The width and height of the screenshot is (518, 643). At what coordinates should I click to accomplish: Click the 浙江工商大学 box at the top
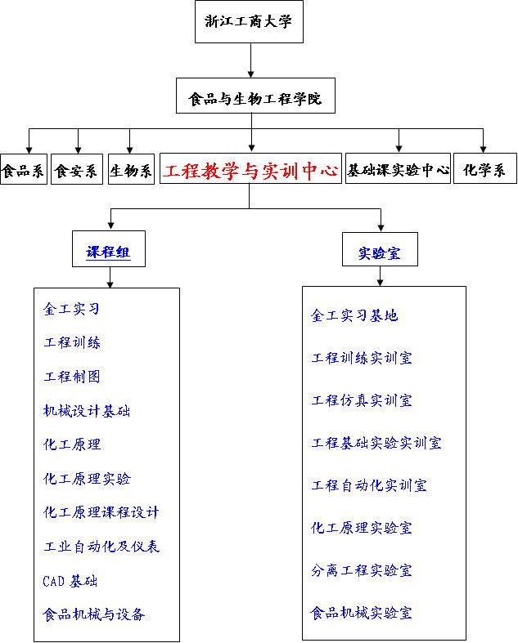[x=249, y=22]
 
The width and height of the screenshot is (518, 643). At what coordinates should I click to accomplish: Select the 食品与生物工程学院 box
[x=255, y=96]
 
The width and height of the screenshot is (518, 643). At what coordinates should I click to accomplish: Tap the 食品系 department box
[x=24, y=169]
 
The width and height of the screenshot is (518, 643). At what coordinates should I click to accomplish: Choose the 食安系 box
[x=77, y=169]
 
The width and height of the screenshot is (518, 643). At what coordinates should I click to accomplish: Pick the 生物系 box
[x=131, y=169]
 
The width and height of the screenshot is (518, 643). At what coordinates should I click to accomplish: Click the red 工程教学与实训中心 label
[x=250, y=170]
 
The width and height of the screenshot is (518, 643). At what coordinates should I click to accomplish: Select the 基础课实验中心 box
[x=398, y=168]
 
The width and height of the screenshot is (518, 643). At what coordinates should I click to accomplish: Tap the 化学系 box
[x=485, y=168]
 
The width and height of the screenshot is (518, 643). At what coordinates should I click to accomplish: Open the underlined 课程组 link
[x=109, y=252]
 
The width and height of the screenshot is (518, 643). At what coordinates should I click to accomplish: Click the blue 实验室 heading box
[x=380, y=249]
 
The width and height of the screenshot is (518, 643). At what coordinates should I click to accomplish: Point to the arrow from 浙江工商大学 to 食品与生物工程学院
[x=250, y=60]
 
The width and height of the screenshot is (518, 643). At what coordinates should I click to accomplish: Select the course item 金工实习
[x=71, y=308]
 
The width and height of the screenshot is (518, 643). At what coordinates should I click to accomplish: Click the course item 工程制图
[x=72, y=377]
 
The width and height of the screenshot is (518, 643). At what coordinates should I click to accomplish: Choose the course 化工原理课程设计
[x=101, y=512]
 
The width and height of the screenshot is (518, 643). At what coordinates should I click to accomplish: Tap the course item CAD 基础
[x=70, y=581]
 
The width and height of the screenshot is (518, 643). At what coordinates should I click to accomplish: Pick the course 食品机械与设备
[x=94, y=614]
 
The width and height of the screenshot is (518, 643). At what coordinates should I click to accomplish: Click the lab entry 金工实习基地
[x=354, y=315]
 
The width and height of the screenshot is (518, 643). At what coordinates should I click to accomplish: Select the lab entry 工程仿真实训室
[x=362, y=400]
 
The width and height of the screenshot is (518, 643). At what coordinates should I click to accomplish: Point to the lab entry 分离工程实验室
[x=362, y=570]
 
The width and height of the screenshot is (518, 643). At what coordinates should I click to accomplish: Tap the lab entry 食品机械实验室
[x=361, y=613]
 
